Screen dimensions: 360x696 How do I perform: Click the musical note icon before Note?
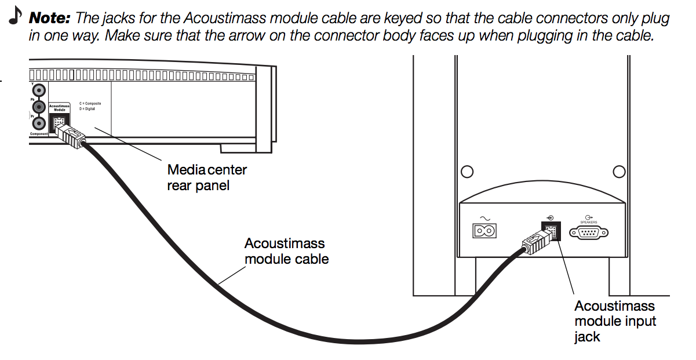14,18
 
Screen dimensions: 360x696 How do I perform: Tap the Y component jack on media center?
39,90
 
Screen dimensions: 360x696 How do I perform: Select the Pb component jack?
39,107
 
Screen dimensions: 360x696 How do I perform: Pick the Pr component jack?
39,123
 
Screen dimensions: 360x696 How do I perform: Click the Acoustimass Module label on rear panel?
59,108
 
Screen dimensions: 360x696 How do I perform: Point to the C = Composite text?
90,104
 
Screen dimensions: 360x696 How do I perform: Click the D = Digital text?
88,109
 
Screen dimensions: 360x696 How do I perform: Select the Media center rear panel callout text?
207,178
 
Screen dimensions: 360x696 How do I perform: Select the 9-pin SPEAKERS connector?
589,232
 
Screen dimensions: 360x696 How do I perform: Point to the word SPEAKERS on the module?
589,222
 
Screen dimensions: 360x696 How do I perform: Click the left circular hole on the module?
467,172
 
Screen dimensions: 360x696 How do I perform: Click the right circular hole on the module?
619,172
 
